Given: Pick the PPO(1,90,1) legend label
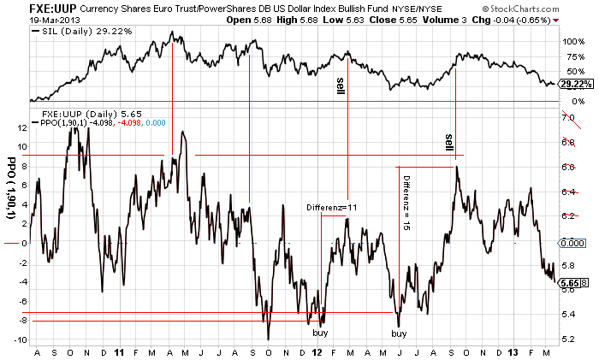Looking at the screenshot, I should [68, 123].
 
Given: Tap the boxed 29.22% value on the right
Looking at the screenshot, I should [575, 84].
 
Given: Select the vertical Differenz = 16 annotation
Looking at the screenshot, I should [407, 202].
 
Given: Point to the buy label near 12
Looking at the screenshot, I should [320, 333].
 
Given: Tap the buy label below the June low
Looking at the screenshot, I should [400, 333].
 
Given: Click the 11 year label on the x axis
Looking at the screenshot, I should [120, 351].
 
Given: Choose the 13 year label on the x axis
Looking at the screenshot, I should [513, 351].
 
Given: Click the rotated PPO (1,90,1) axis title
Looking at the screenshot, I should [11, 189].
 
